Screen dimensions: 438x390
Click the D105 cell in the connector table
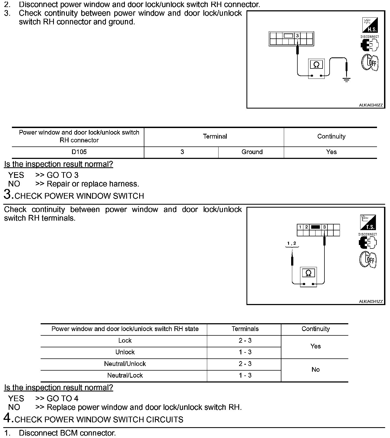pyautogui.click(x=79, y=152)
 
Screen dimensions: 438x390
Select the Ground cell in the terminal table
pyautogui.click(x=252, y=152)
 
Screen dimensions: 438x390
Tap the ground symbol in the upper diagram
pyautogui.click(x=346, y=80)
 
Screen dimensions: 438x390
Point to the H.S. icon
pyautogui.click(x=370, y=25)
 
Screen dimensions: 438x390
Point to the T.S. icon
pyautogui.click(x=368, y=223)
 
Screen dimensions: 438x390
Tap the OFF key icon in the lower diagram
pyautogui.click(x=368, y=259)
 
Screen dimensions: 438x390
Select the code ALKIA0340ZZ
pyautogui.click(x=371, y=105)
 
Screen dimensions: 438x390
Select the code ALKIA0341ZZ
pyautogui.click(x=371, y=302)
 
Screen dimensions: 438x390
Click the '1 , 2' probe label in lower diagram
pyautogui.click(x=292, y=243)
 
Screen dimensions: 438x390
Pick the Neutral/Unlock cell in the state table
pyautogui.click(x=125, y=364)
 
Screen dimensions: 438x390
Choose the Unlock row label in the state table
pyautogui.click(x=125, y=352)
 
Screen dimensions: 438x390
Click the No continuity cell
pyautogui.click(x=316, y=370)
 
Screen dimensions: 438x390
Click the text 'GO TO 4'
pyautogui.click(x=63, y=398)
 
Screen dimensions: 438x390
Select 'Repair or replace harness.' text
pyautogui.click(x=93, y=184)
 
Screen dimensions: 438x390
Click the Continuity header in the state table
pyautogui.click(x=316, y=329)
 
